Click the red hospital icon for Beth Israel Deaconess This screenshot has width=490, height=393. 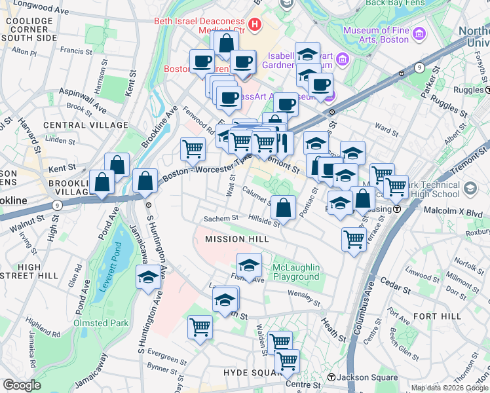254,26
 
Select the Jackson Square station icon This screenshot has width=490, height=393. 332,377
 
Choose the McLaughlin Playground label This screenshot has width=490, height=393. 297,272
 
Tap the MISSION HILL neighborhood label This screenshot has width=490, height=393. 236,239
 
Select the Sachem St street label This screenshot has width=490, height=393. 221,218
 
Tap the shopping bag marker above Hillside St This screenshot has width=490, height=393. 283,208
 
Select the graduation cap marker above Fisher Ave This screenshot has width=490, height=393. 249,265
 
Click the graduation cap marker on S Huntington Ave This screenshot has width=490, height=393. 148,277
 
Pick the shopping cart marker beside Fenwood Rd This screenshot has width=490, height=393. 193,149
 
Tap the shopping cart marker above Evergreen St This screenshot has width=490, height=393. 200,326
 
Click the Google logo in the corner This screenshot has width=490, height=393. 22,385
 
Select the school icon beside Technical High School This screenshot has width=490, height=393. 470,189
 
